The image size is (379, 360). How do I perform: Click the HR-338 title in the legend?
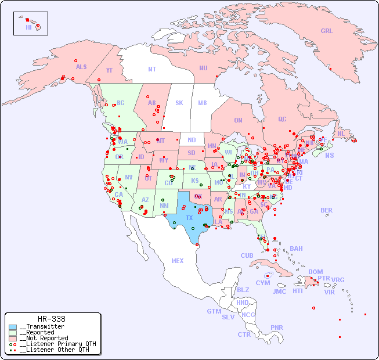pyautogui.click(x=52, y=319)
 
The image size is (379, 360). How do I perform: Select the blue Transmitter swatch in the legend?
pyautogui.click(x=13, y=327)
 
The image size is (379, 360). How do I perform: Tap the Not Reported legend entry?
pyautogui.click(x=43, y=338)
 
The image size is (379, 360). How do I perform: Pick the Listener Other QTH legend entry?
pyautogui.click(x=55, y=350)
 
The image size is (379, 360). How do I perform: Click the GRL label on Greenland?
pyautogui.click(x=327, y=31)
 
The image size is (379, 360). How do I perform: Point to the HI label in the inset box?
pyautogui.click(x=28, y=27)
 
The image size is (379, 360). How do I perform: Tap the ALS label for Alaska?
pyautogui.click(x=81, y=67)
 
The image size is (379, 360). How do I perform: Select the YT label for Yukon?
pyautogui.click(x=109, y=70)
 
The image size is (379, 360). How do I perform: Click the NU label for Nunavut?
pyautogui.click(x=203, y=68)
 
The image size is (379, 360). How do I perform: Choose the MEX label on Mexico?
pyautogui.click(x=178, y=261)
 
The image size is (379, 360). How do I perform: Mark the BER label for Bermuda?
pyautogui.click(x=326, y=210)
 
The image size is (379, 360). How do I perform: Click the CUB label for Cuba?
pyautogui.click(x=247, y=255)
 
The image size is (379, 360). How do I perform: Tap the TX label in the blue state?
pyautogui.click(x=189, y=218)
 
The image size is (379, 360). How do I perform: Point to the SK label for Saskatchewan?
pyautogui.click(x=179, y=103)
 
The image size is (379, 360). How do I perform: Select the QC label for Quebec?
pyautogui.click(x=282, y=119)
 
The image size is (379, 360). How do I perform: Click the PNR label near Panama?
pyautogui.click(x=277, y=327)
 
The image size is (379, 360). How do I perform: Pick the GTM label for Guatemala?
pyautogui.click(x=214, y=311)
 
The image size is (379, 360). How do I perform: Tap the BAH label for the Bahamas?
pyautogui.click(x=296, y=249)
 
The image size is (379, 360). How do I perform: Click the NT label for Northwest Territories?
pyautogui.click(x=152, y=69)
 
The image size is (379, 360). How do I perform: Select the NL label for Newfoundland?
pyautogui.click(x=341, y=133)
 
